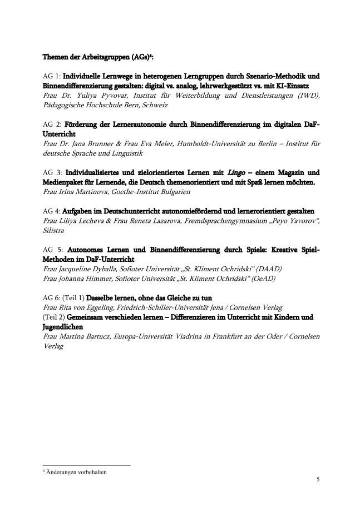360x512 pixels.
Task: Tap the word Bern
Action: (130, 105)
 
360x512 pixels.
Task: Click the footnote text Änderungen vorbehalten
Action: (77, 472)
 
